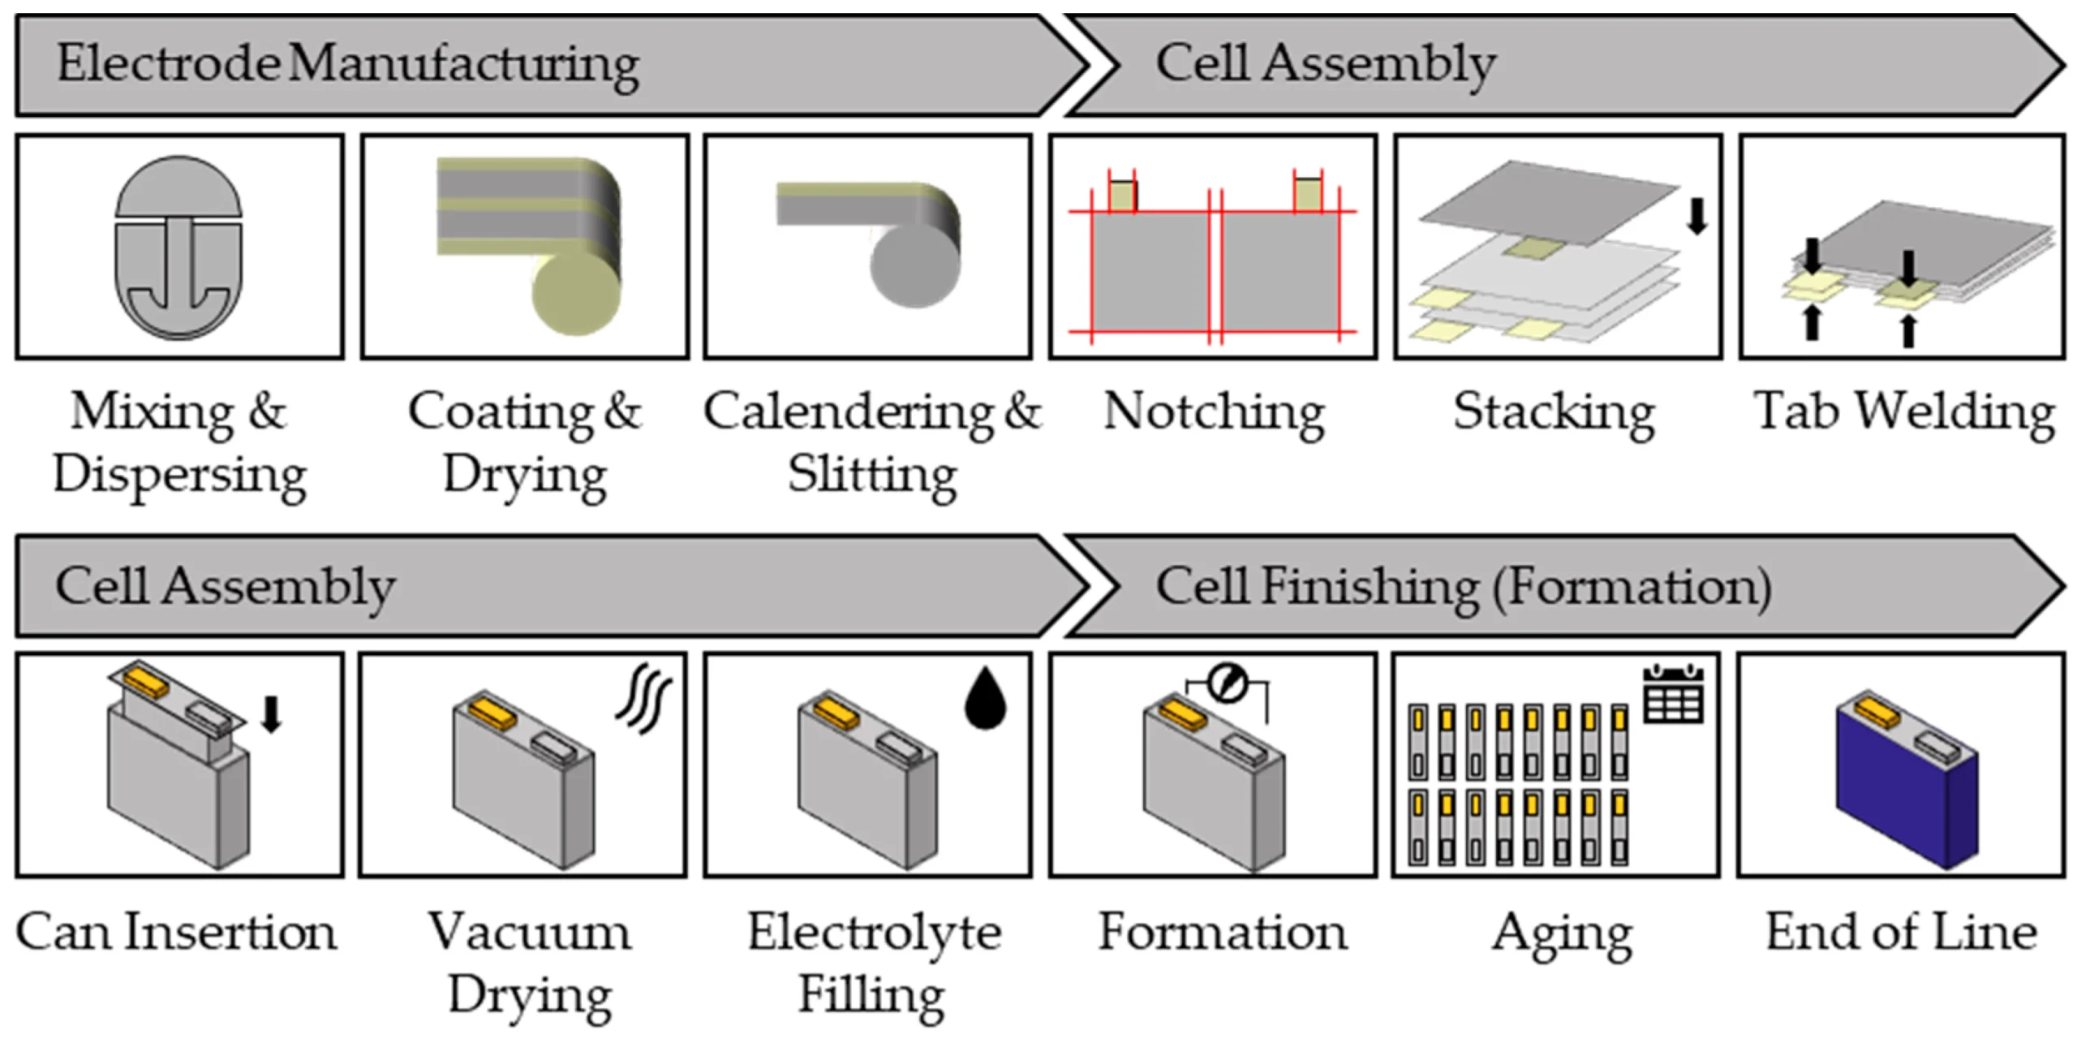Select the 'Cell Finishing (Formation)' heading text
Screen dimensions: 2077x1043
pyautogui.click(x=1464, y=587)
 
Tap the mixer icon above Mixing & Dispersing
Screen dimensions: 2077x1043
pyautogui.click(x=178, y=248)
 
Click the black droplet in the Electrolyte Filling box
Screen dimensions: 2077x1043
pyautogui.click(x=985, y=699)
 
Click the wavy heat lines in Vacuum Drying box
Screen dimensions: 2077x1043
pyautogui.click(x=643, y=699)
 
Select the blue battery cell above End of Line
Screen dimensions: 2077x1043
pyautogui.click(x=1907, y=778)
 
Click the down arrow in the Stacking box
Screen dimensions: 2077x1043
pyautogui.click(x=1696, y=216)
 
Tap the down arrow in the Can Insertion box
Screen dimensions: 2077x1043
pyautogui.click(x=272, y=714)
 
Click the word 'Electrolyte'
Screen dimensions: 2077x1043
pyautogui.click(x=874, y=933)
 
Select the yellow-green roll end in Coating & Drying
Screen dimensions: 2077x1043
pyautogui.click(x=576, y=293)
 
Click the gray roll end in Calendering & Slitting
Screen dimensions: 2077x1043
pyautogui.click(x=914, y=265)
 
